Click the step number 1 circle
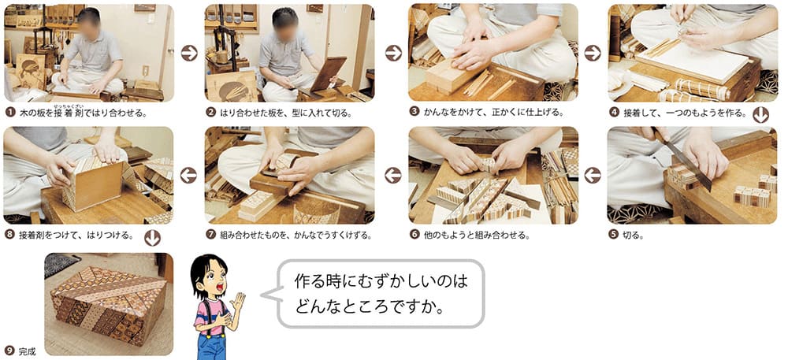[9, 112]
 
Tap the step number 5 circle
[613, 234]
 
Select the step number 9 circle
[9, 351]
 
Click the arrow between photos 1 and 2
[189, 53]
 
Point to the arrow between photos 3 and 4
[593, 53]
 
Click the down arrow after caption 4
[761, 115]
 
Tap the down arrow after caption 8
[152, 237]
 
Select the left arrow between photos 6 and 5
[593, 175]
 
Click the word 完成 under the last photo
[27, 351]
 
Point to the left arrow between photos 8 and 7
[188, 175]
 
